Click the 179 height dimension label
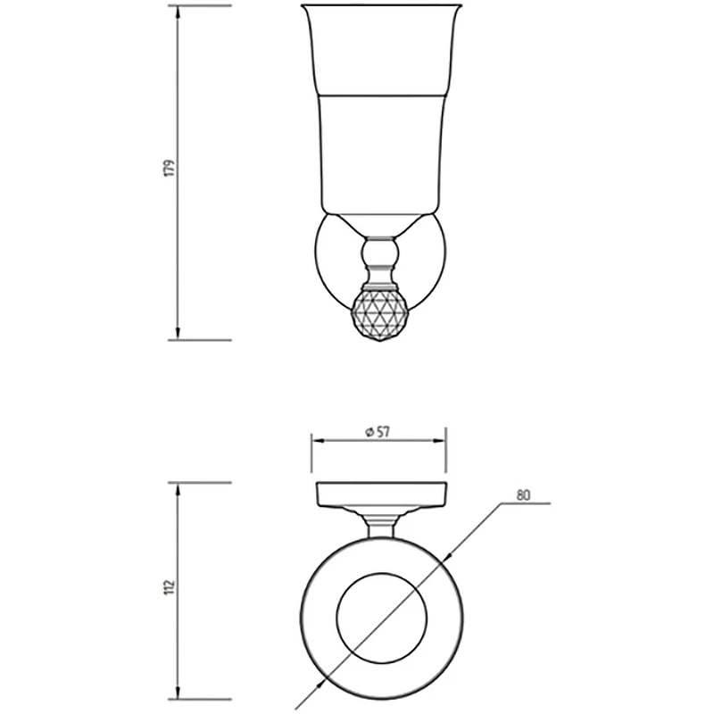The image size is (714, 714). [x=170, y=168]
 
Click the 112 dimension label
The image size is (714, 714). [x=170, y=587]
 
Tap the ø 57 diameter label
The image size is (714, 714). [x=378, y=432]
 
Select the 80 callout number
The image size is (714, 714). [x=524, y=495]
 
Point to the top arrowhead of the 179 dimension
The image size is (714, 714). [x=178, y=12]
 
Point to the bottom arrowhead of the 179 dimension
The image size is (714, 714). [x=178, y=333]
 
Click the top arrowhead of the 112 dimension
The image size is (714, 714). [x=178, y=489]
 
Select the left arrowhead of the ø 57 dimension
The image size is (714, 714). [x=318, y=440]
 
